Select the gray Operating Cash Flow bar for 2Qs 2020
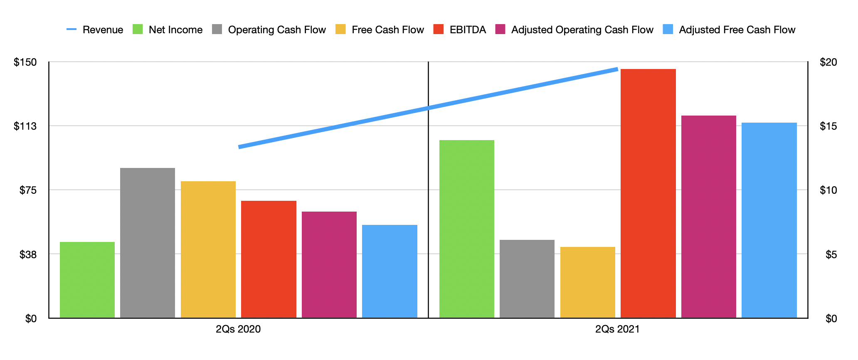148,243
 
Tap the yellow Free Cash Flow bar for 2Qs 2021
587,282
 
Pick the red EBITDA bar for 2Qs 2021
648,193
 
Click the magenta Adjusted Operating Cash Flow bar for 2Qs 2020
329,265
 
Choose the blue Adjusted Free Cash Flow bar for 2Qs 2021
769,220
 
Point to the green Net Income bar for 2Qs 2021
467,229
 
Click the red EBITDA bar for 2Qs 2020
269,259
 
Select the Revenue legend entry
95,30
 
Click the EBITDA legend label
468,30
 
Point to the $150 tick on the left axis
25,62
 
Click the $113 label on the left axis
25,126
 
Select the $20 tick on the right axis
828,62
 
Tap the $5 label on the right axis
831,254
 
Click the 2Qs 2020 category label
238,329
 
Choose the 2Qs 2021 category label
617,329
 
